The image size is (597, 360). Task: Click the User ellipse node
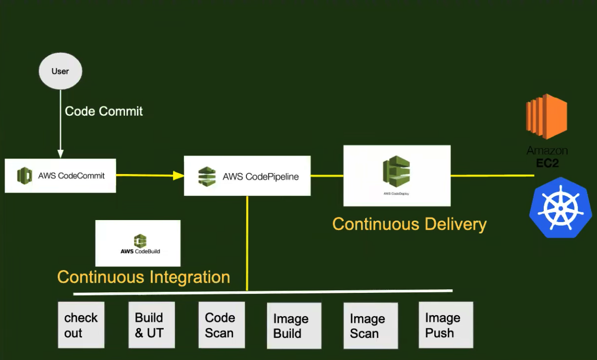pyautogui.click(x=60, y=71)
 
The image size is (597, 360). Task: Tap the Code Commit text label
pyautogui.click(x=104, y=111)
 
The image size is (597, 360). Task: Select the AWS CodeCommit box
pyautogui.click(x=60, y=176)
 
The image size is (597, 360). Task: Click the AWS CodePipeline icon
pyautogui.click(x=207, y=176)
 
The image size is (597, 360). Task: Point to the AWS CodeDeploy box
pyautogui.click(x=397, y=176)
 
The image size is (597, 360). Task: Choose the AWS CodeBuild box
pyautogui.click(x=138, y=243)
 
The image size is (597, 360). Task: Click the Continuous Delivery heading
pyautogui.click(x=409, y=224)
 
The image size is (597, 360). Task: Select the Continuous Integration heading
pyautogui.click(x=144, y=277)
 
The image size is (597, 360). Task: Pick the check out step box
pyautogui.click(x=81, y=325)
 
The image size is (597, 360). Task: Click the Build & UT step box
pyautogui.click(x=152, y=325)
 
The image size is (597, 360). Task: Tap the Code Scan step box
pyautogui.click(x=222, y=325)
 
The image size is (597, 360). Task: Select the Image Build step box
pyautogui.click(x=294, y=325)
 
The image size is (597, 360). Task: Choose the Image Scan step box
pyautogui.click(x=370, y=325)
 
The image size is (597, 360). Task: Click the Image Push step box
pyautogui.click(x=446, y=325)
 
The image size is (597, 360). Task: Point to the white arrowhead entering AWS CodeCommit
pyautogui.click(x=60, y=154)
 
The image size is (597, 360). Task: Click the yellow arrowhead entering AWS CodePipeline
pyautogui.click(x=179, y=176)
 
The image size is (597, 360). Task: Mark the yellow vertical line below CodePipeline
pyautogui.click(x=247, y=243)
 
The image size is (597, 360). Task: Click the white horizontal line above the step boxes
pyautogui.click(x=263, y=292)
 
